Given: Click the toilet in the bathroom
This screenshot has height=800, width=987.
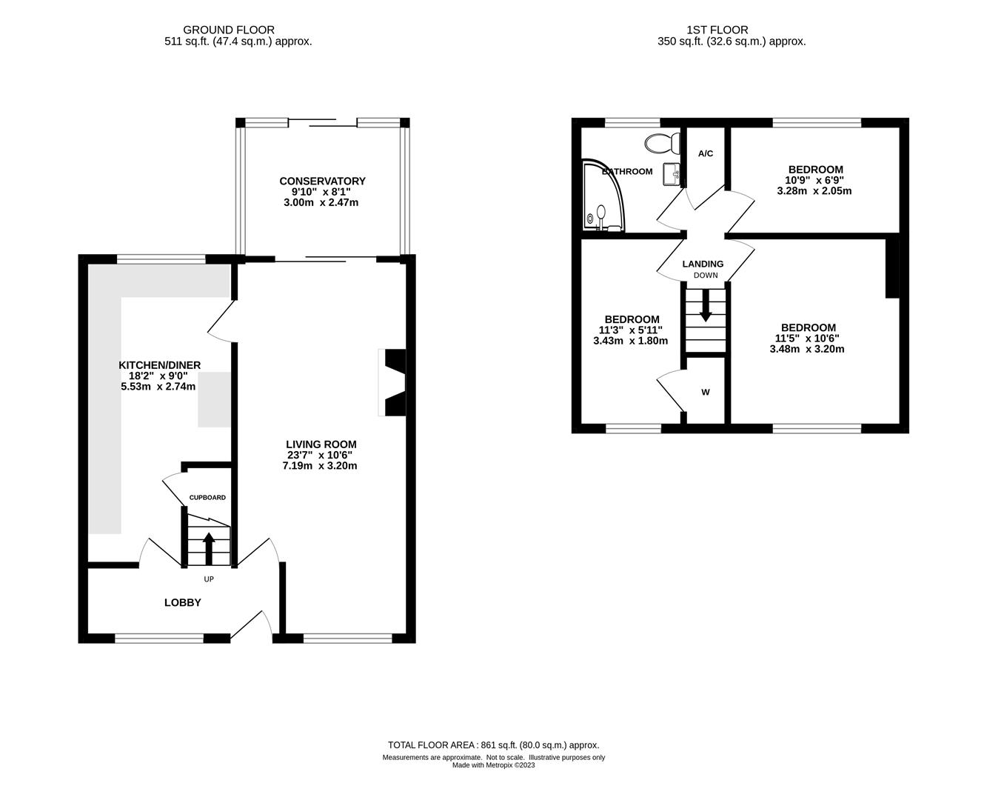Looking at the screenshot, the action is pos(662,143).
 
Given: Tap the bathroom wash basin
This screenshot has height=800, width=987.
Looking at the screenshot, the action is pos(671,174).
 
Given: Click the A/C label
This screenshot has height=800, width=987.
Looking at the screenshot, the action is pos(706,153).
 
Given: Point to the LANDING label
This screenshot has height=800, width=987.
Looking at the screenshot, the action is pos(703,264).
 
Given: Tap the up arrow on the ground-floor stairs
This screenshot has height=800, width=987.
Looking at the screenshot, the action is pos(209,548).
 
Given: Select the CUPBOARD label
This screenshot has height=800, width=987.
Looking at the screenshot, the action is pos(207,497).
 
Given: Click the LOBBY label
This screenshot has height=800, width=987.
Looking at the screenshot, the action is pos(183,602).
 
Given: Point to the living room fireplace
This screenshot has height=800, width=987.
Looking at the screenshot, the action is pos(392,382).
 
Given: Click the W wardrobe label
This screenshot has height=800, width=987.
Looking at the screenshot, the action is pos(706,392).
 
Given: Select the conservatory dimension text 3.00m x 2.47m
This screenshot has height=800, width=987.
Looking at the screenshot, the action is pos(321,202).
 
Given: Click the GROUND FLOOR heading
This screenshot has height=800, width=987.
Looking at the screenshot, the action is pos(229,30).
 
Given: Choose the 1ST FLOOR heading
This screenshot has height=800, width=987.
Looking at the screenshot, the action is pos(717,30).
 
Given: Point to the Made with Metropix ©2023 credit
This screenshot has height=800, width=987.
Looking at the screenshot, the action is pos(493,765).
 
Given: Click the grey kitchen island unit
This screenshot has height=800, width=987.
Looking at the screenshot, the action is pos(214,399).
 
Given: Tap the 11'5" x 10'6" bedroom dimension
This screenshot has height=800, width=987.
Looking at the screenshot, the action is pos(807,339).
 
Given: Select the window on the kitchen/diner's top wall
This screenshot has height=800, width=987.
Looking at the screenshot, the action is pos(161,259).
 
